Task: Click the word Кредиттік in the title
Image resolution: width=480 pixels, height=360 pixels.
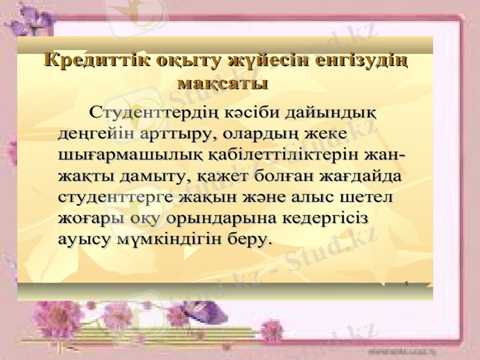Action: coord(97,61)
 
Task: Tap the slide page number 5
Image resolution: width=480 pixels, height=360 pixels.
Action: coord(406,282)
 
